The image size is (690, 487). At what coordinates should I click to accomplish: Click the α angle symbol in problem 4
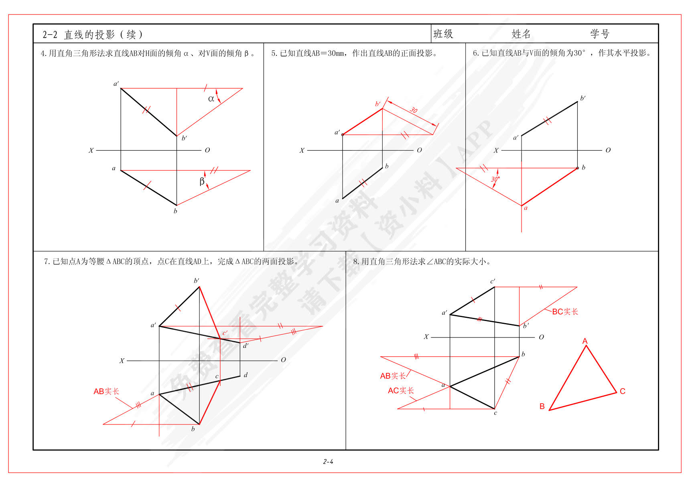click(x=211, y=99)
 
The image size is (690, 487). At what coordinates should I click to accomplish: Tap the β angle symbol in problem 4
click(x=202, y=182)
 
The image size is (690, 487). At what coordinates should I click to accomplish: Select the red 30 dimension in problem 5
click(x=414, y=110)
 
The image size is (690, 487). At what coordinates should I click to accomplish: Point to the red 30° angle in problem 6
click(x=495, y=179)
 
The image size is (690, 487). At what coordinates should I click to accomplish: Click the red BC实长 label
click(x=565, y=311)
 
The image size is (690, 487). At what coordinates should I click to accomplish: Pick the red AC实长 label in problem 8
click(x=401, y=390)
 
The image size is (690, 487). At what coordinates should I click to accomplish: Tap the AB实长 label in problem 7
click(x=106, y=391)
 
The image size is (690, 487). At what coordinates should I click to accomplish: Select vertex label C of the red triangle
click(x=622, y=391)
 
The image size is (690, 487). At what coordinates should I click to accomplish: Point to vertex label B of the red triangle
click(x=542, y=406)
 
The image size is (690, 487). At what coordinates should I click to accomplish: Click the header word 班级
click(x=443, y=34)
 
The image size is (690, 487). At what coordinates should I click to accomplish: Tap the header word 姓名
click(x=521, y=34)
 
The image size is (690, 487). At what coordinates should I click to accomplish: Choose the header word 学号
click(x=600, y=34)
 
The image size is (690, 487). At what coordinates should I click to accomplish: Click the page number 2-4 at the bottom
click(x=328, y=462)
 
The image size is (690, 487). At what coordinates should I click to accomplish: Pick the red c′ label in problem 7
click(x=225, y=333)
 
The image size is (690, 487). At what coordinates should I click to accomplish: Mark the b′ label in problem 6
click(x=583, y=98)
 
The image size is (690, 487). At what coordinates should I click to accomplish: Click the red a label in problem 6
click(x=526, y=208)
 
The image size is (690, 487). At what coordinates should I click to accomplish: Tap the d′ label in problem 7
click(x=246, y=345)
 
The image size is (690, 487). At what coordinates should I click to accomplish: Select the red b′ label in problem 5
click(x=377, y=104)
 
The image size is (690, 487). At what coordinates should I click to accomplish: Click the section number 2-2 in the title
click(x=50, y=35)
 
